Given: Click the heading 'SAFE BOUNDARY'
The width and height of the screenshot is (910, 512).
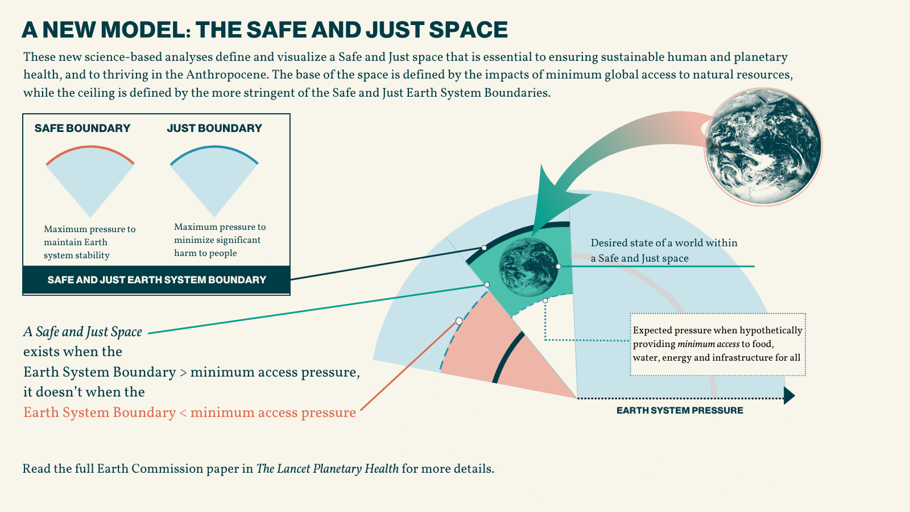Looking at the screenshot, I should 82,128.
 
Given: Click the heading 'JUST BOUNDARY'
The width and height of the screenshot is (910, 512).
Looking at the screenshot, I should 214,128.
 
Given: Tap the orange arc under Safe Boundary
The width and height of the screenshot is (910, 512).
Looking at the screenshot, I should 90,148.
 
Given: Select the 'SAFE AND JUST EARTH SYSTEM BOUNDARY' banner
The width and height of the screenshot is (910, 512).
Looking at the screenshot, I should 156,280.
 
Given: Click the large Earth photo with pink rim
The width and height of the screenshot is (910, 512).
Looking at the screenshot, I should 763,146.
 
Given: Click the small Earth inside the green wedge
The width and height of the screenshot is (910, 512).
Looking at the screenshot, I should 528,267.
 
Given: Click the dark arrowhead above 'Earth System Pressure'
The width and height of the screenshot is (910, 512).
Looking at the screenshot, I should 788,395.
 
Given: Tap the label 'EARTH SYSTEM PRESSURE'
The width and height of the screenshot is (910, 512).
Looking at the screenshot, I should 680,410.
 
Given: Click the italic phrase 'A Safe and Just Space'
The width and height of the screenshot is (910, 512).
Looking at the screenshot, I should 82,332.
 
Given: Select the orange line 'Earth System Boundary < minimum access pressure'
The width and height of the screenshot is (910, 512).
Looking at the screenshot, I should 189,412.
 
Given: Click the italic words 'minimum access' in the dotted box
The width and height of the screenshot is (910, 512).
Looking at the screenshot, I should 708,344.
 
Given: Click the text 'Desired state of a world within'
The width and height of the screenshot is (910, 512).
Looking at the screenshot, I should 664,243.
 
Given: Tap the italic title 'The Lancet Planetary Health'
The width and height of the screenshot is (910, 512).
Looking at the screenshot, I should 327,469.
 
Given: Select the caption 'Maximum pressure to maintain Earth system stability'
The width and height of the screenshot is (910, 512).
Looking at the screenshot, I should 89,242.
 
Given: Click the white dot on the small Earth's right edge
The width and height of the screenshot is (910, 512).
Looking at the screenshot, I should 559,266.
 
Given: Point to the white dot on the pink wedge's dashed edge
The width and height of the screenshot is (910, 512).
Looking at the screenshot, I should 459,321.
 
